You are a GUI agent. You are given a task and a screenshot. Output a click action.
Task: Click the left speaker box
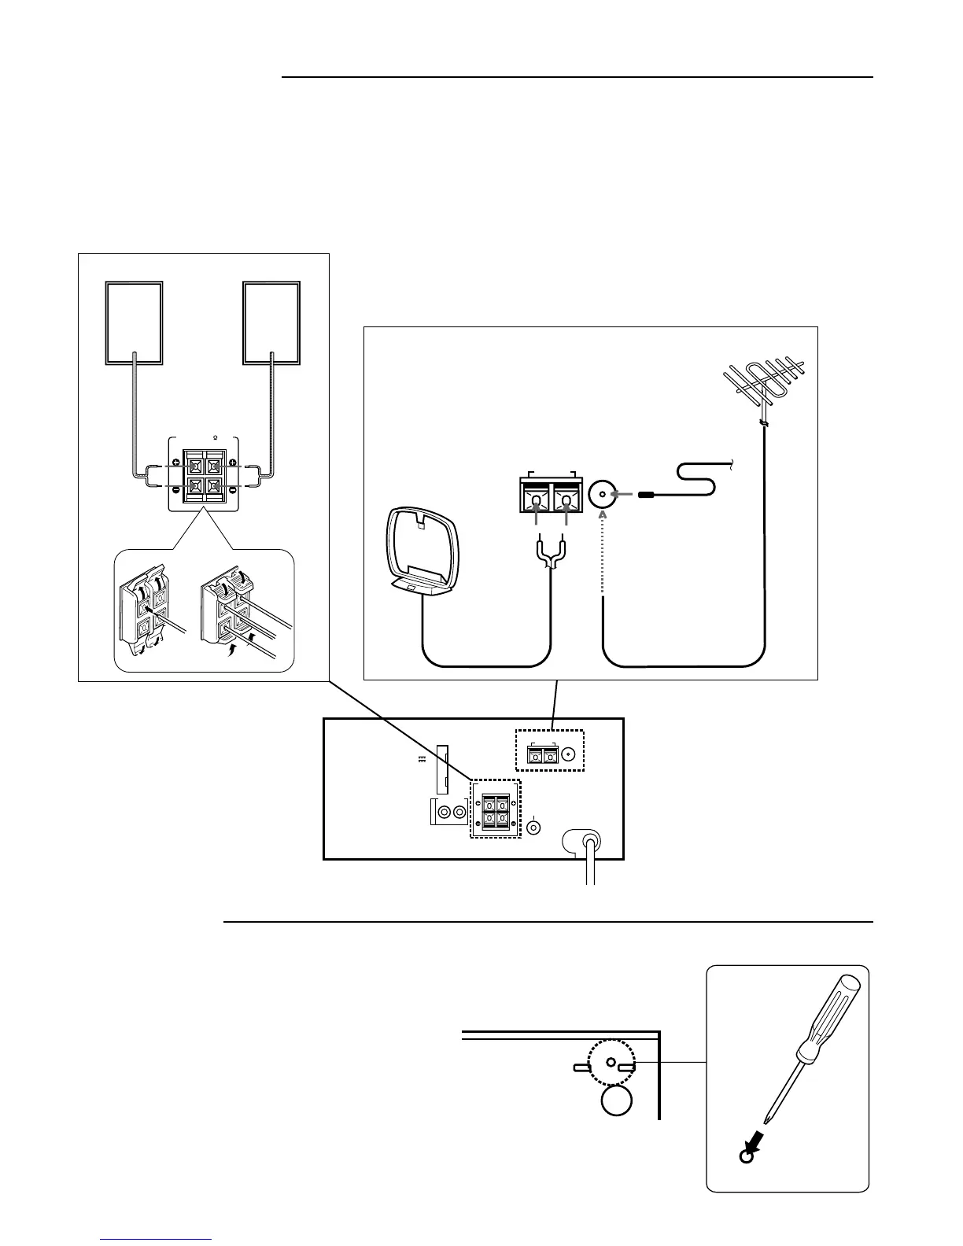[x=135, y=323]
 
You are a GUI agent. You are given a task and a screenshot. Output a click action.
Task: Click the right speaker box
[x=271, y=323]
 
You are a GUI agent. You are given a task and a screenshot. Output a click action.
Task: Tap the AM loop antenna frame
[x=422, y=543]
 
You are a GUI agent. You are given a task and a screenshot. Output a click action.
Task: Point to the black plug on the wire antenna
[x=648, y=496]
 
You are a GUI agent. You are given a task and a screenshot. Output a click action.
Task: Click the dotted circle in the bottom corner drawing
[x=611, y=1062]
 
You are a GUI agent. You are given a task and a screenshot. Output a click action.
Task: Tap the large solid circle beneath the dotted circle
[x=616, y=1100]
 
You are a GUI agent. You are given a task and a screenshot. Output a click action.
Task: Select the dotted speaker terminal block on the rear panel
[x=496, y=808]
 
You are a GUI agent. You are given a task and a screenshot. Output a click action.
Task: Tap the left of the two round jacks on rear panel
[x=445, y=813]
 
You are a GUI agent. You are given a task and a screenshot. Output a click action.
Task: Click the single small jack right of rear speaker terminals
[x=534, y=828]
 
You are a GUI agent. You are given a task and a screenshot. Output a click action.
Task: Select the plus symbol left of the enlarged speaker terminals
[x=175, y=463]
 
